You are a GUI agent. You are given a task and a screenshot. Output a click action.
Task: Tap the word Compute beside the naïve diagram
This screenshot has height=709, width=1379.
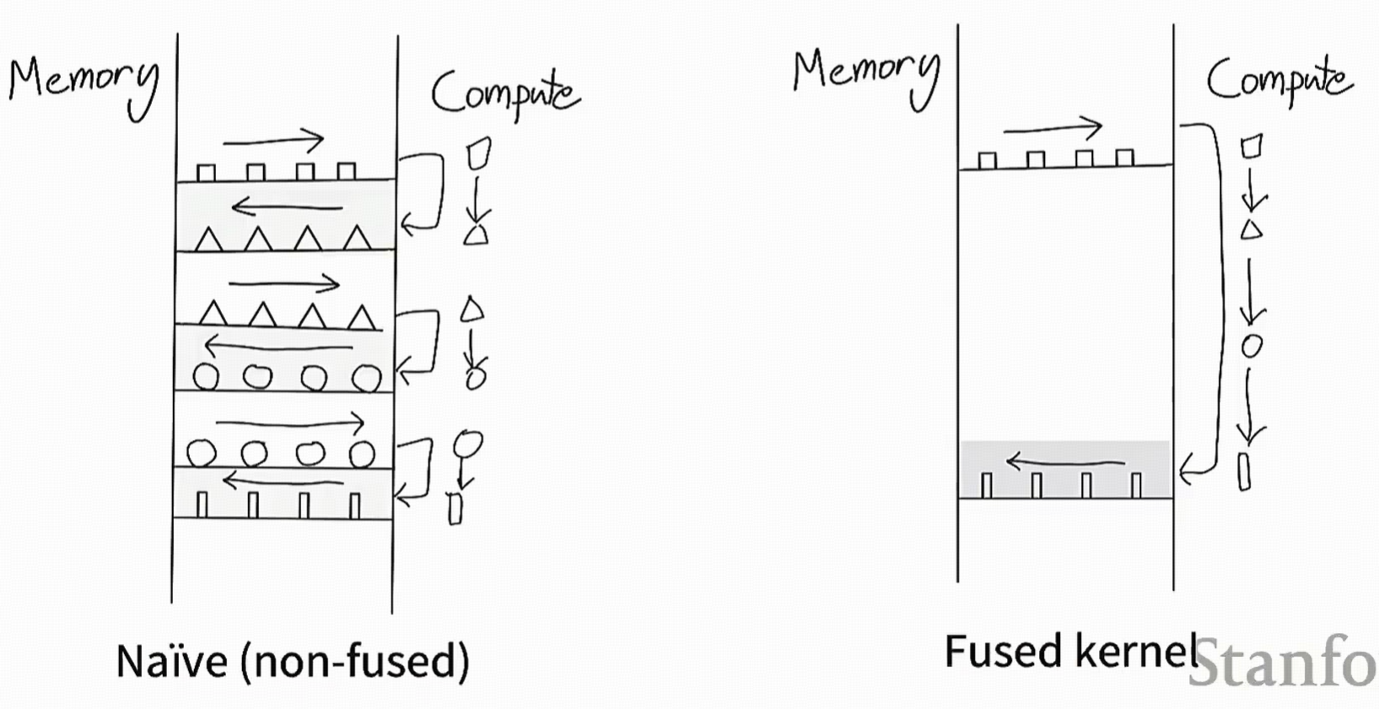tap(504, 94)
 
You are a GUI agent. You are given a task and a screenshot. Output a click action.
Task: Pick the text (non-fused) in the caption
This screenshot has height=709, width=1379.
tap(354, 661)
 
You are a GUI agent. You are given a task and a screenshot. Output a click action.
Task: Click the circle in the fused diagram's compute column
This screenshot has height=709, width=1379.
tap(1252, 346)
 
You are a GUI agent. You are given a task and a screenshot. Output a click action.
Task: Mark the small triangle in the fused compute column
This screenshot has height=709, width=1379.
tap(1252, 228)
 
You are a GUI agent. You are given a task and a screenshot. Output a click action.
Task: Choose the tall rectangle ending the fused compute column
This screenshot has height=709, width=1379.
tap(1244, 471)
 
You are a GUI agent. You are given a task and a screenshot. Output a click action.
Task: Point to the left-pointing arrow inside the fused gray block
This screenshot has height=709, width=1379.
tap(1065, 462)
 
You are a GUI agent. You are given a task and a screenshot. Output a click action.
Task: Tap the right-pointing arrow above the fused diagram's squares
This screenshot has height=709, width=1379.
tap(1053, 129)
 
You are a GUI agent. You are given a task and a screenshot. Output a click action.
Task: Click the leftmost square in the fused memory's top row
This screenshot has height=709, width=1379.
tap(988, 160)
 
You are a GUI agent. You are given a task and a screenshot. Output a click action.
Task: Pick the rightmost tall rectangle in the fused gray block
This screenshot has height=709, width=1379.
tap(1136, 485)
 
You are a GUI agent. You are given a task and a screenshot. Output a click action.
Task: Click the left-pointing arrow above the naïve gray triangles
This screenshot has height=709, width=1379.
tap(287, 206)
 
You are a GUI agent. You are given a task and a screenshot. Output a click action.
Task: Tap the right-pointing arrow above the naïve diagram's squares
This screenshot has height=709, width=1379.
tap(273, 140)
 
